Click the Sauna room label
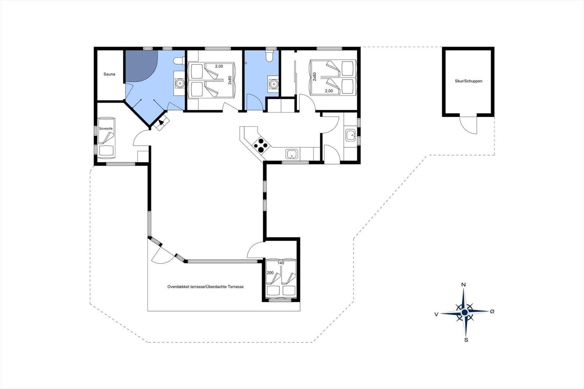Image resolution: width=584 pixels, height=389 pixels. click(109, 74)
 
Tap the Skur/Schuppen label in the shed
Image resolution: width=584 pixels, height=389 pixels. click(468, 81)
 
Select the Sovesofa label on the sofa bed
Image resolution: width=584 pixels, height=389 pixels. click(106, 128)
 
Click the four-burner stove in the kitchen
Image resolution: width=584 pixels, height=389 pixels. click(261, 145)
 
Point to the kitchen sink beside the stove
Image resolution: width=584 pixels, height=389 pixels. click(292, 154)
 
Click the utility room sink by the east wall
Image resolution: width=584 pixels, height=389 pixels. click(350, 135)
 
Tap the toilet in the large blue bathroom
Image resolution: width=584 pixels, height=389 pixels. click(179, 61)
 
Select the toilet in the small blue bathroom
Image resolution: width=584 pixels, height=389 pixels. click(269, 56)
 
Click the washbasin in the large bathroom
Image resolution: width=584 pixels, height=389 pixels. click(180, 84)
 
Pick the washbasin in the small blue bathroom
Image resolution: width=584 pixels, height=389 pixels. click(273, 84)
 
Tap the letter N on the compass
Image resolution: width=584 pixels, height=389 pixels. click(464, 285)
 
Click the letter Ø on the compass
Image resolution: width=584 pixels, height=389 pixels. click(492, 311)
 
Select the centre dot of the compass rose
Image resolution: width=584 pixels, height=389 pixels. click(464, 313)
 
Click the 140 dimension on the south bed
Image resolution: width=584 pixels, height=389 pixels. click(281, 263)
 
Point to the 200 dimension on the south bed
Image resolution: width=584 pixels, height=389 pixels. click(270, 273)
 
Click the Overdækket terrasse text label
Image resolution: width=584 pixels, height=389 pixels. click(205, 287)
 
